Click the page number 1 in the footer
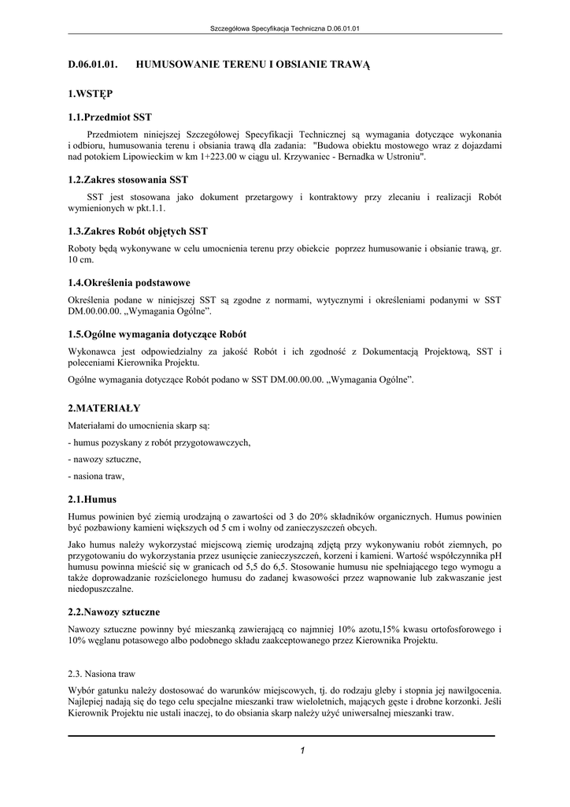pos(302,750)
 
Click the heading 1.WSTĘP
pos(90,94)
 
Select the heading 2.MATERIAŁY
pos(104,407)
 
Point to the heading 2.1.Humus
pos(92,499)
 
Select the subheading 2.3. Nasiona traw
pos(102,674)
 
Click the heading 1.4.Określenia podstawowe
pos(129,282)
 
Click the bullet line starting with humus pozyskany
pos(159,443)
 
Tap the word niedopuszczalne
pos(101,589)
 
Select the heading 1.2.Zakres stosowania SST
pos(128,180)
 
